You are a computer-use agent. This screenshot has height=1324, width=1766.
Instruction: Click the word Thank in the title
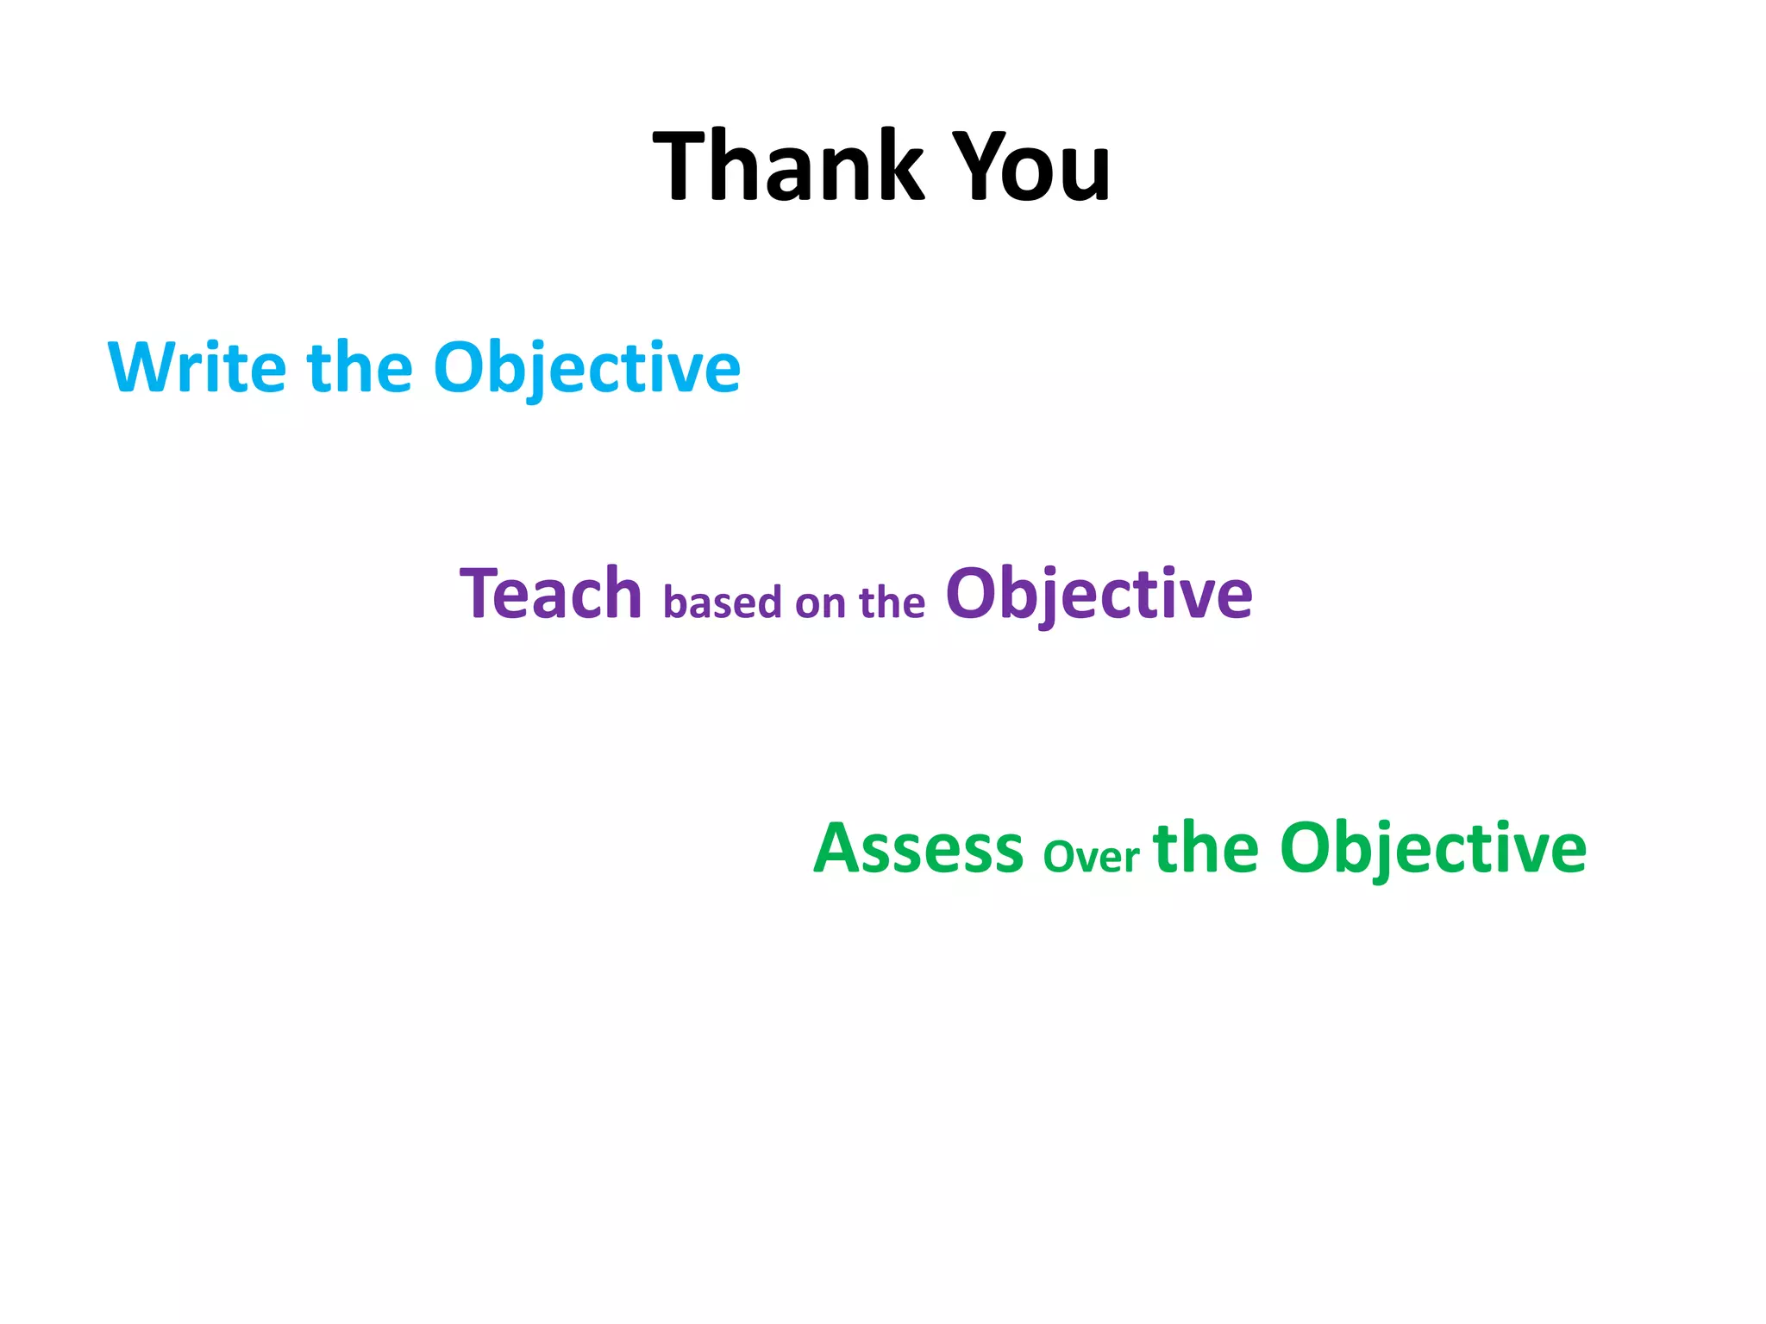coord(788,165)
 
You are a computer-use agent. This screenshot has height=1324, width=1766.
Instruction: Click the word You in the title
coord(1034,165)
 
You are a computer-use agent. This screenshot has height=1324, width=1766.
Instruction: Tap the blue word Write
coord(197,368)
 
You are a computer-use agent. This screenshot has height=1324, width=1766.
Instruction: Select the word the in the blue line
coord(360,368)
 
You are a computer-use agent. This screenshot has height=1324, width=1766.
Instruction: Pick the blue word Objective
coord(586,368)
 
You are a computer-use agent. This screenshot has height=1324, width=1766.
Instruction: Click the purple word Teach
coord(551,594)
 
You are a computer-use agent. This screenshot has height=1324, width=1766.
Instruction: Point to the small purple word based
coord(722,603)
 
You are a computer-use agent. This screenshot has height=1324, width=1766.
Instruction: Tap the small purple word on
coord(820,603)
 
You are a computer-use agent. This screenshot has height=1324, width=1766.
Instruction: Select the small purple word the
coord(892,603)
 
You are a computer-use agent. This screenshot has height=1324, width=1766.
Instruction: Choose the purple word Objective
coord(1099,594)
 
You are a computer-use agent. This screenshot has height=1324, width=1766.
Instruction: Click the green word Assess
coord(918,848)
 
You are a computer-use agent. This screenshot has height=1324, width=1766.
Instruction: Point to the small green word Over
coord(1091,857)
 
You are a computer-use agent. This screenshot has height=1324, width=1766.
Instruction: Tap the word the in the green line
coord(1206,848)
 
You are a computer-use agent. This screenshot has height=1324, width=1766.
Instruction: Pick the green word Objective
coord(1432,848)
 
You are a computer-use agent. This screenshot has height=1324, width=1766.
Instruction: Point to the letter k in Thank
coord(898,165)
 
